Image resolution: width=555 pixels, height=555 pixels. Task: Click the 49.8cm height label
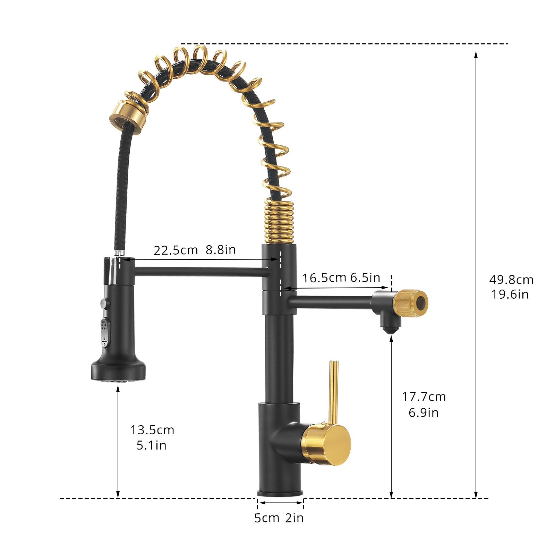tap(511, 280)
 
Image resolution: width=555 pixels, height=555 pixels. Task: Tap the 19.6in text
tap(510, 294)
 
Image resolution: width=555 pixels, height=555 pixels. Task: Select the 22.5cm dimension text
tap(176, 250)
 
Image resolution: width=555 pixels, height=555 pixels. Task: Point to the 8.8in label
tap(221, 249)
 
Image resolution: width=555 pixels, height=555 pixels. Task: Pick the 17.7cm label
tap(424, 396)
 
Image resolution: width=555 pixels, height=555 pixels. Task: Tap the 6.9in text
tap(423, 413)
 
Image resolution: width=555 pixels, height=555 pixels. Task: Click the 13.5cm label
tap(152, 430)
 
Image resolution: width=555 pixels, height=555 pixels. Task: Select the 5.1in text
tap(151, 445)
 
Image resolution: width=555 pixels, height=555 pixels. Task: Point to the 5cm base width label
tap(266, 518)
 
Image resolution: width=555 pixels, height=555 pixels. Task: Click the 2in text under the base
tap(294, 518)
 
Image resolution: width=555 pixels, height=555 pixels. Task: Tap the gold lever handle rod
tap(333, 392)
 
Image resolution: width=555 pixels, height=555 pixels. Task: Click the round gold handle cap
tap(328, 444)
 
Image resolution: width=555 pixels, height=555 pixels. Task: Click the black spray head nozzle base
tap(118, 372)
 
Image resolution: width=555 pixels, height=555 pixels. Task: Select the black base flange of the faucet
tap(280, 493)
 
